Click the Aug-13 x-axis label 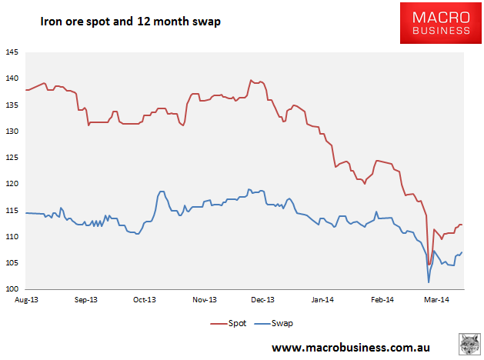click(x=28, y=299)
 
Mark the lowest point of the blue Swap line click(x=429, y=282)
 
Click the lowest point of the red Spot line click(x=429, y=265)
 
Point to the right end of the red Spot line click(x=462, y=225)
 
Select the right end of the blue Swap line click(x=462, y=252)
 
